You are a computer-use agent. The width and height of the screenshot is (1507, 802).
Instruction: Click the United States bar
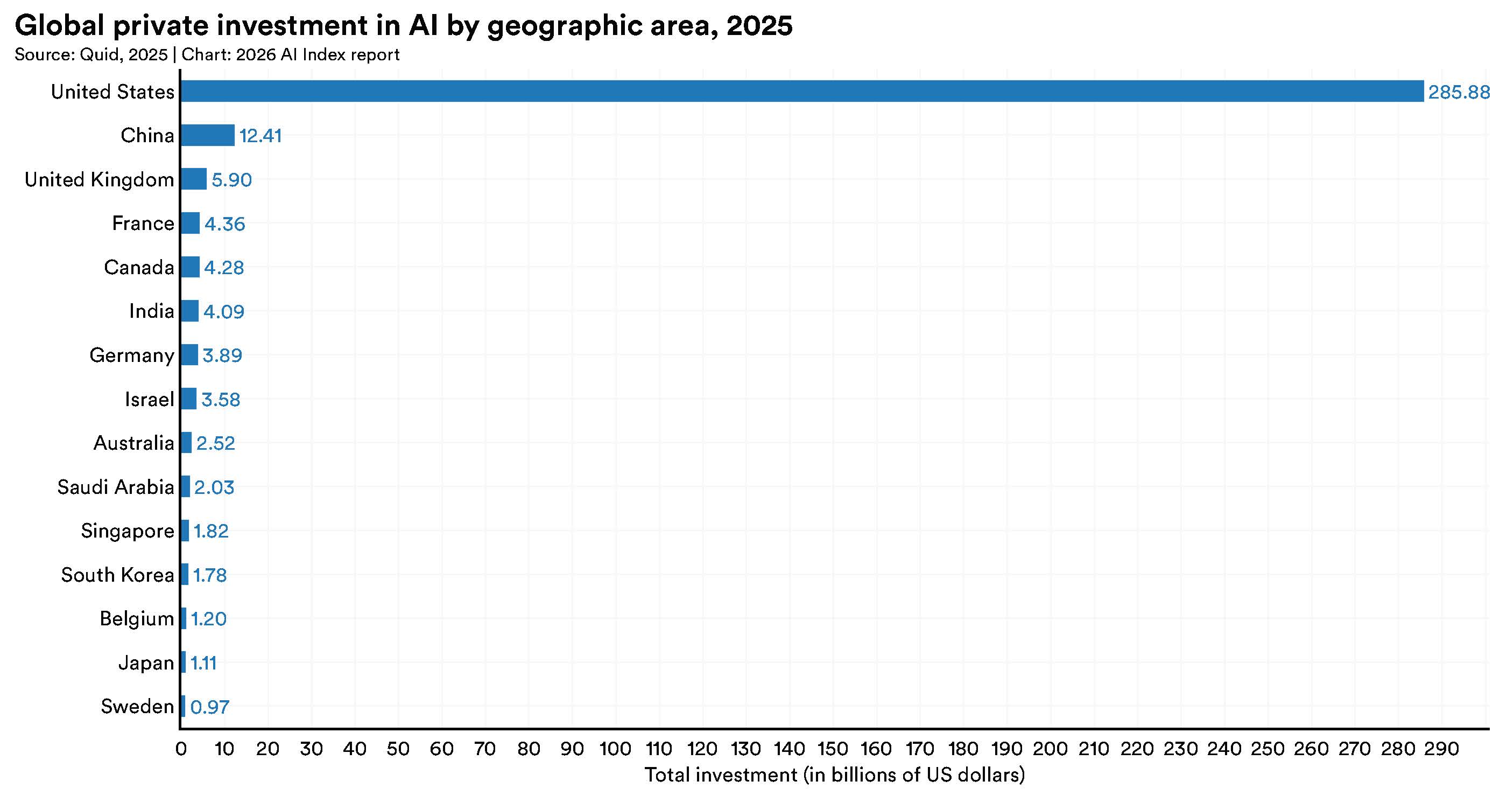coord(801,92)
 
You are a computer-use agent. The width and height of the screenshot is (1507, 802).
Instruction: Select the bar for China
coord(208,135)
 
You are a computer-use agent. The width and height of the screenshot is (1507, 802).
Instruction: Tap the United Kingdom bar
coord(194,179)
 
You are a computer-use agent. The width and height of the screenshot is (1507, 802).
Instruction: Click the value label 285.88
coord(1459,93)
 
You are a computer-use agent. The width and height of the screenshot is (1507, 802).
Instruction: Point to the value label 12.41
coord(260,136)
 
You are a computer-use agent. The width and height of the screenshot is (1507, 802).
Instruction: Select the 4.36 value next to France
coord(224,224)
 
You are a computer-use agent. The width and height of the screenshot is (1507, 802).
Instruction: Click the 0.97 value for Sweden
coord(209,707)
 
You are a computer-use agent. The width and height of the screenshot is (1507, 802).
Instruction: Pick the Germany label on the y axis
coord(132,355)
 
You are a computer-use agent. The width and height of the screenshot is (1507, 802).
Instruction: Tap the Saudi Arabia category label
coord(116,487)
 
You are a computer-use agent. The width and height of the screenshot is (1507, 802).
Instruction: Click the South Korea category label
coord(117,575)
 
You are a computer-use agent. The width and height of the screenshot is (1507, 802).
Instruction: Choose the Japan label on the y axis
coord(146,662)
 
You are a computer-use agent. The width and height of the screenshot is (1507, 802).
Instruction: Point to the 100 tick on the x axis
coord(615,749)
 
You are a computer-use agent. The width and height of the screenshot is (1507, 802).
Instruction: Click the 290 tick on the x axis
coord(1441,749)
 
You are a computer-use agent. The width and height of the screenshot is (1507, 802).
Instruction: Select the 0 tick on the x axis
coord(181,749)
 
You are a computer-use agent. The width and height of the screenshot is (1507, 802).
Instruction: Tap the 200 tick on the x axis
coord(1050,749)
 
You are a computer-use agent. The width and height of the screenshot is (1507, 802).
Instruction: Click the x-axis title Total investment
coord(834,775)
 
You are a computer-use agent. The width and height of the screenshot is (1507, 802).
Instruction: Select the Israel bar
coord(188,399)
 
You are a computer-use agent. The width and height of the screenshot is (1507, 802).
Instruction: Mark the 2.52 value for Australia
coord(215,443)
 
